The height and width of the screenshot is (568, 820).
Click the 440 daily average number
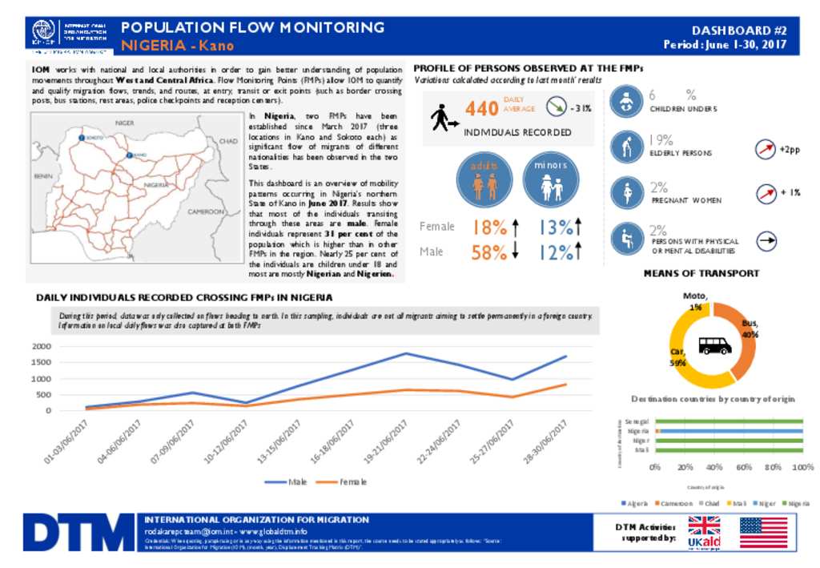coord(481,108)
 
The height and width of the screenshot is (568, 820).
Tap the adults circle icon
coord(484,182)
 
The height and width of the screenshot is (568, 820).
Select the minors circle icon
coord(549,182)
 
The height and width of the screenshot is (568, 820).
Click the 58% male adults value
coord(488,252)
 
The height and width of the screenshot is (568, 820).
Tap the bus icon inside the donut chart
coord(714,345)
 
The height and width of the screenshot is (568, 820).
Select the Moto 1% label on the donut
coord(694,301)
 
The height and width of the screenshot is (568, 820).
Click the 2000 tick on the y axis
coord(41,346)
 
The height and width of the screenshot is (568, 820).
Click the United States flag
coord(763,533)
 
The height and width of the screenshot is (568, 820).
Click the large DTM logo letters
coord(78,533)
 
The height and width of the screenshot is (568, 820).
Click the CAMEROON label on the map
coord(206,211)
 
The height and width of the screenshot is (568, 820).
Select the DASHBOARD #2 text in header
coord(740,30)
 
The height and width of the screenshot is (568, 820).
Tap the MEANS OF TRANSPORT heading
coord(701,273)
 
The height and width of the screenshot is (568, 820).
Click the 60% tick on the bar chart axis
coord(744,467)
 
